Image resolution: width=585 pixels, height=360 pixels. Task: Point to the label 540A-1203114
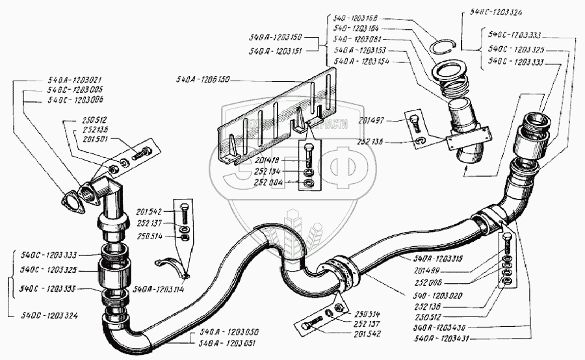160,289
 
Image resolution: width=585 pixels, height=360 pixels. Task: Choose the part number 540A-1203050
220,331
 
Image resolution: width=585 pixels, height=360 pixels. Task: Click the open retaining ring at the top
443,45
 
